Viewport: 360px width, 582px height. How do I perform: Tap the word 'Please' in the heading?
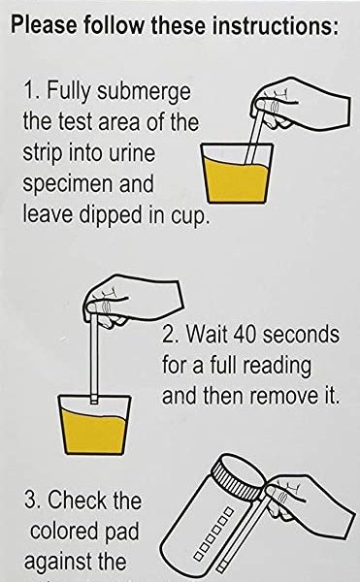pos(45,26)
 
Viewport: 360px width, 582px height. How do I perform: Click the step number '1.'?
pos(32,90)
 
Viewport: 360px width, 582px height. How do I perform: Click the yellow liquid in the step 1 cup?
pos(236,181)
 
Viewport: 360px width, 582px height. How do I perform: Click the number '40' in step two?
pos(245,334)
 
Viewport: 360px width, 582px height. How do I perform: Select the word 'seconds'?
pos(301,334)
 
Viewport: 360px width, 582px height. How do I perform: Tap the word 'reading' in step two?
pos(277,367)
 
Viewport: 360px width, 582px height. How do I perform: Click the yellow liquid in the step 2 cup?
pos(94,432)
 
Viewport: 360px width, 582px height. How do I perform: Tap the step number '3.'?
pos(33,500)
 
